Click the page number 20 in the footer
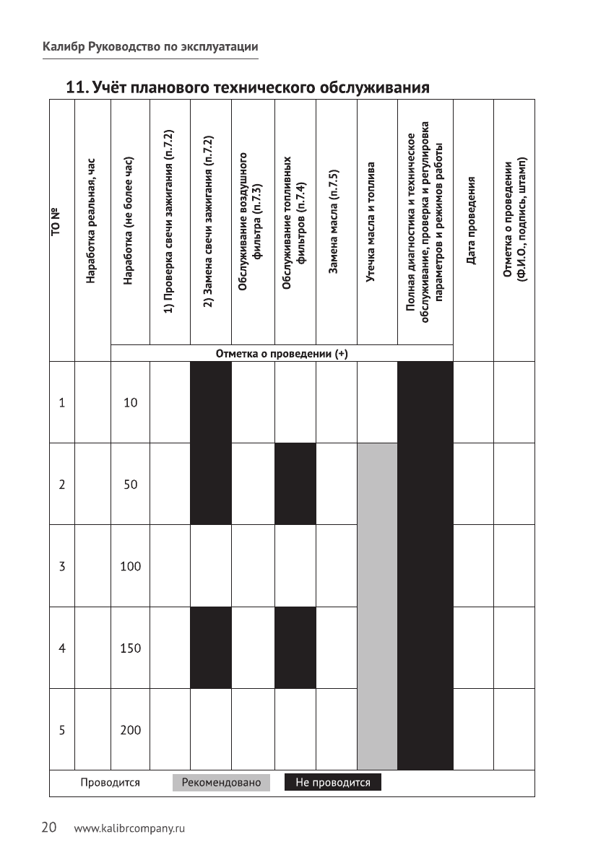48,828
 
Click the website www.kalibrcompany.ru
130,828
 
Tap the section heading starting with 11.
248,88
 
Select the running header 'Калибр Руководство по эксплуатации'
150,47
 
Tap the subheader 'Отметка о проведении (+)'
282,354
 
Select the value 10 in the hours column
130,402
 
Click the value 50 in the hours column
130,485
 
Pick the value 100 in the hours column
130,566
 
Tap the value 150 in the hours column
130,648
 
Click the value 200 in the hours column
130,730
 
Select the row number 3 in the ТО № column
62,566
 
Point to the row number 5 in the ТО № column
62,730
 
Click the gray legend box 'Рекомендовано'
221,783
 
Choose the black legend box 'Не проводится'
332,783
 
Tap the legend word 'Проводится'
110,783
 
